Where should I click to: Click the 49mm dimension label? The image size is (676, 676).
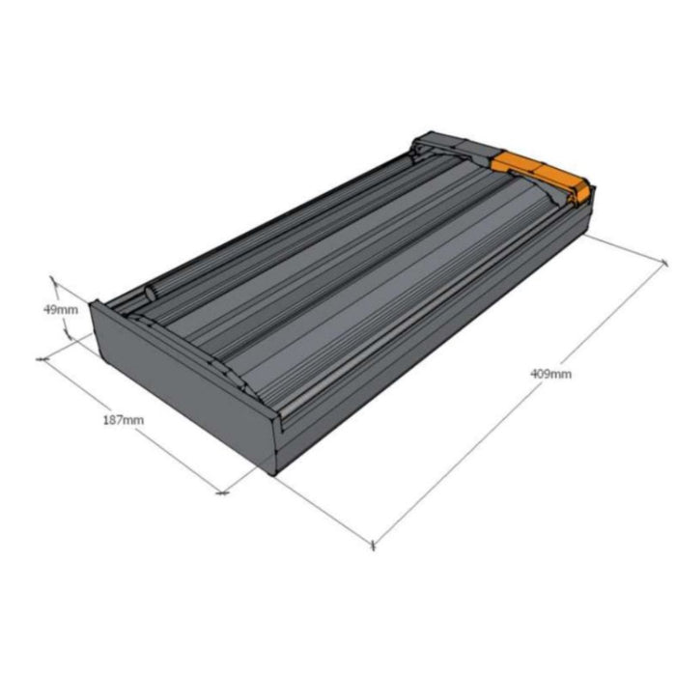coord(61,310)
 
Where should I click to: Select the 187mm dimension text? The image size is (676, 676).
coord(124,419)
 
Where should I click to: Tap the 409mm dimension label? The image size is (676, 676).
coord(550,374)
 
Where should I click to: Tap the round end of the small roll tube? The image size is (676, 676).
coord(151,294)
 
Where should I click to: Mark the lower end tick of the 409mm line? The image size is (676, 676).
coord(373,546)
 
